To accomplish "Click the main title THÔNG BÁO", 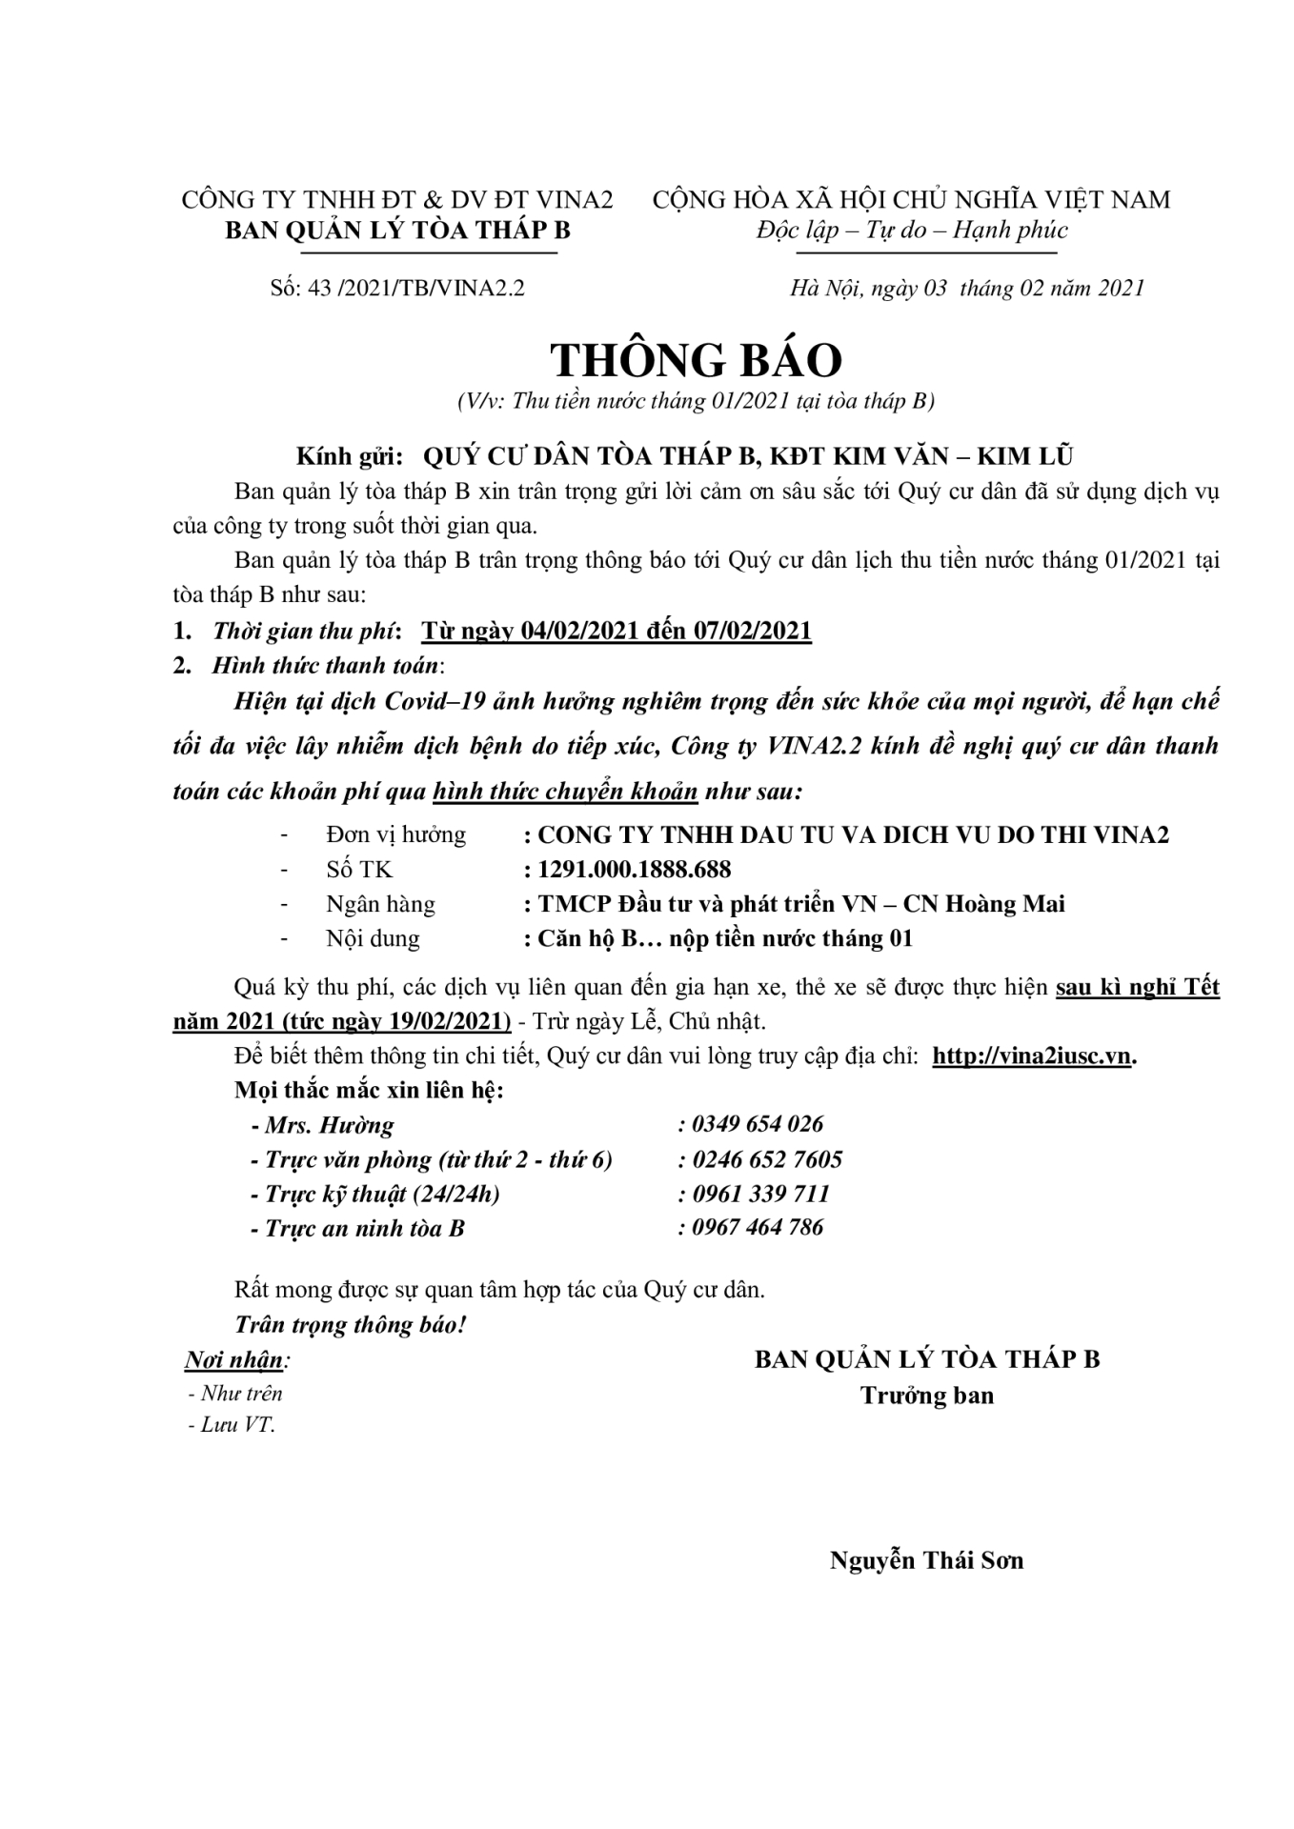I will pos(696,361).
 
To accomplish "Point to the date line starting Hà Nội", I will pos(966,288).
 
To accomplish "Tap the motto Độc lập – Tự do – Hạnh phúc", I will pos(912,231).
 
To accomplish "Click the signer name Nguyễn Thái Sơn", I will pos(926,1560).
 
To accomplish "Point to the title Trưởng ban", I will pos(926,1396).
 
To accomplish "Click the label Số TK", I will pos(358,869).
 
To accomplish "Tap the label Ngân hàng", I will pos(380,903).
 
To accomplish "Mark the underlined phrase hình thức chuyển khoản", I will pos(565,791).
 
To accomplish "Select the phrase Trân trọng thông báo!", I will pos(350,1324).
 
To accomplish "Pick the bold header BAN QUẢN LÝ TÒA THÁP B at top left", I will pos(397,231).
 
